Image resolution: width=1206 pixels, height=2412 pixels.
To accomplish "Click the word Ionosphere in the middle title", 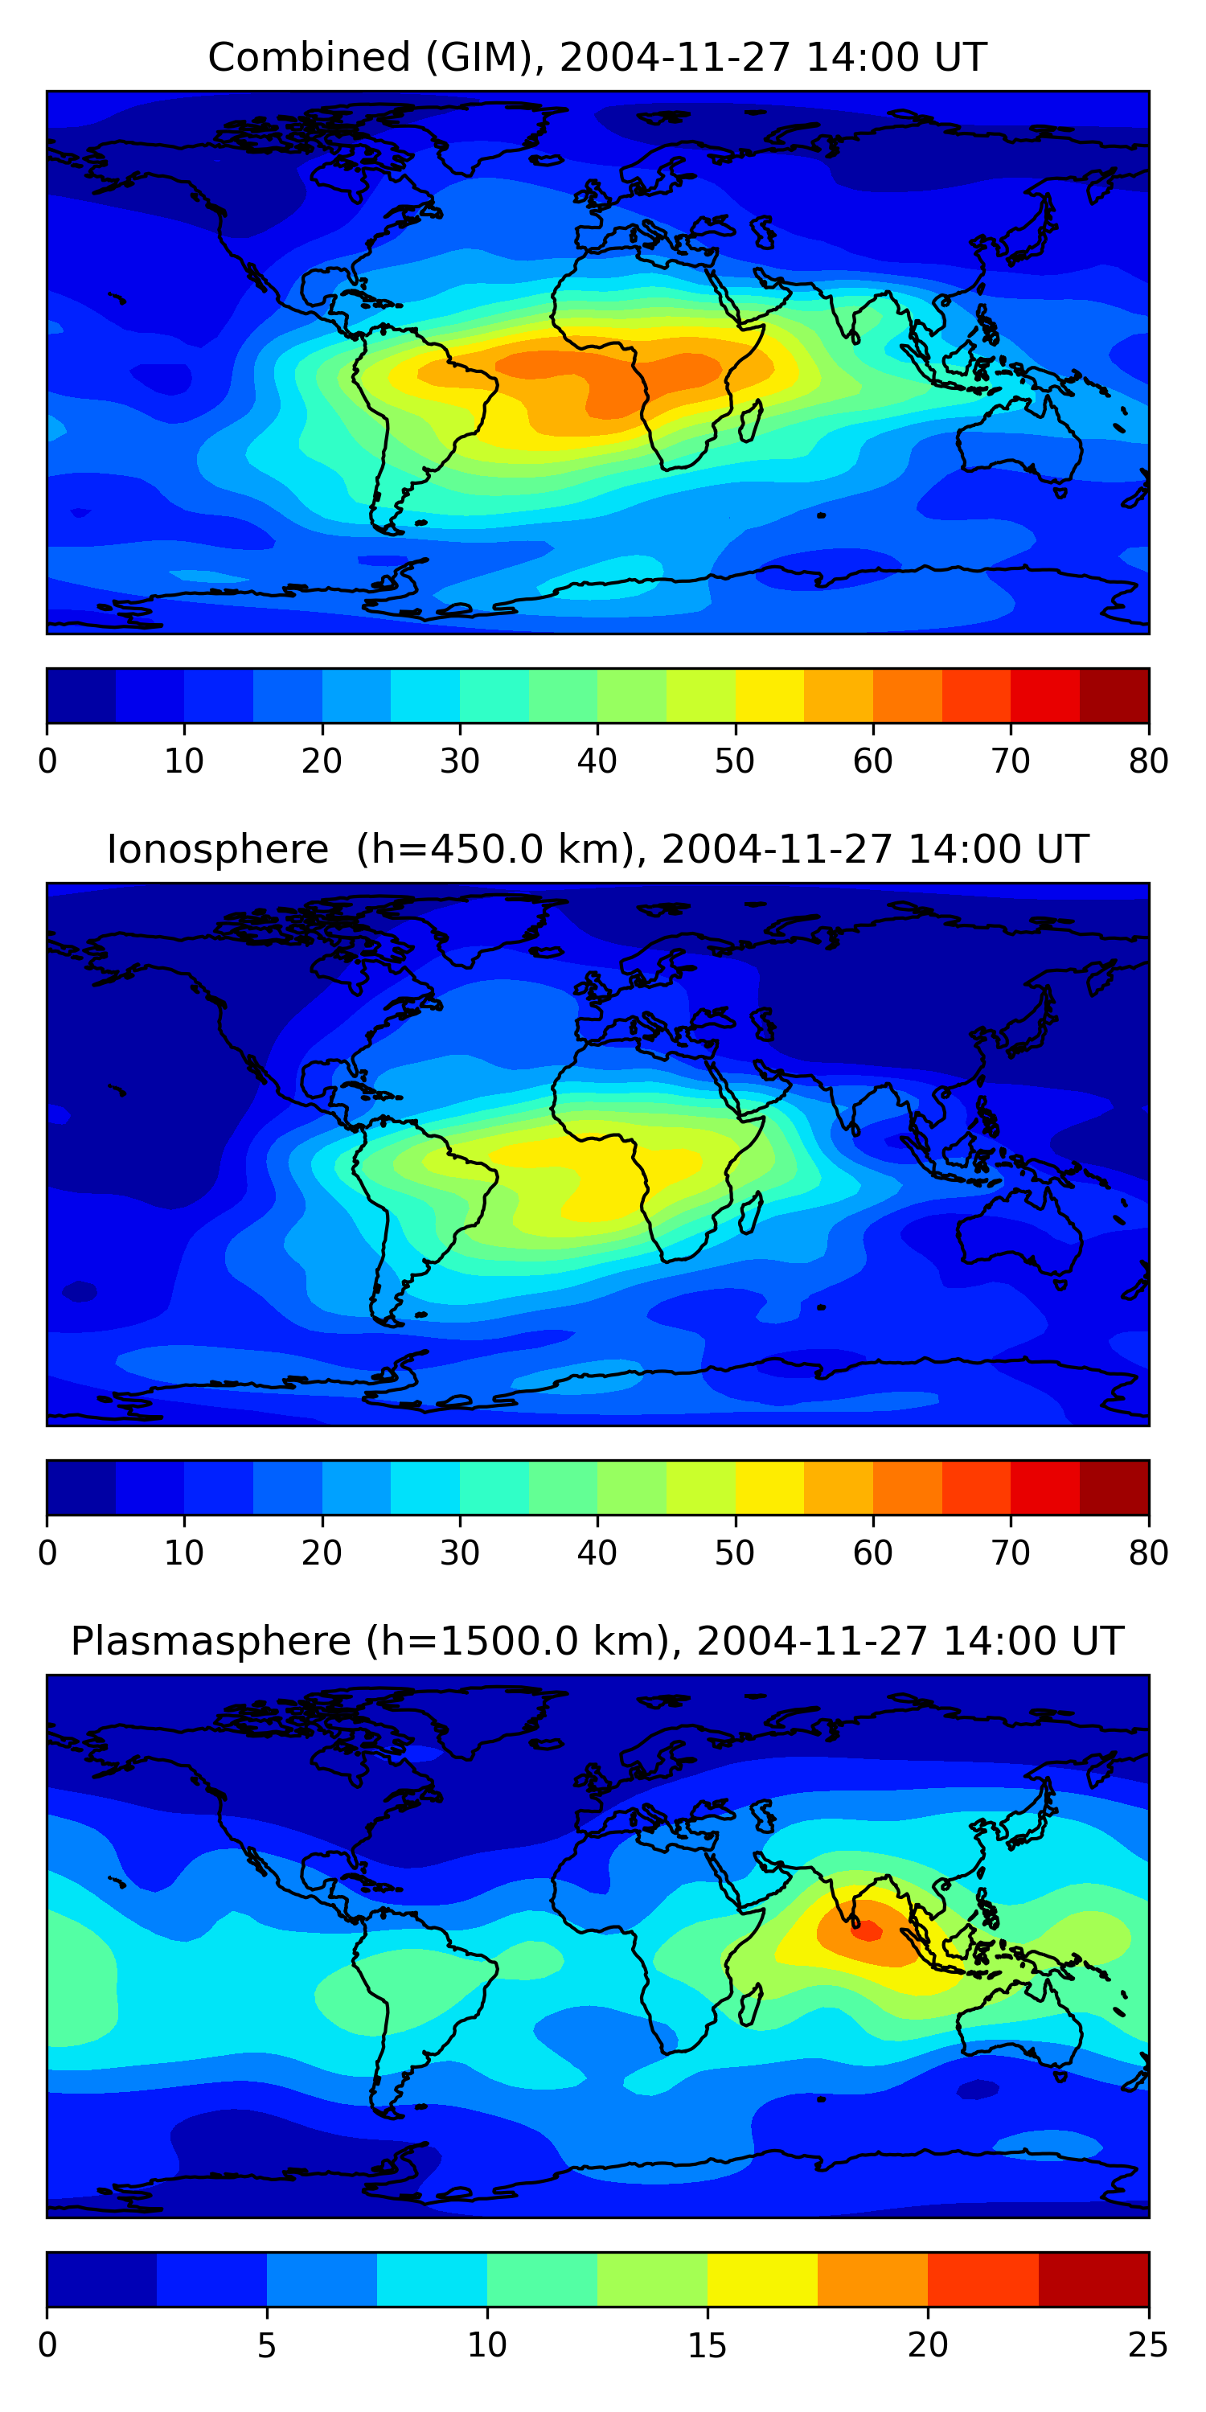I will coord(217,849).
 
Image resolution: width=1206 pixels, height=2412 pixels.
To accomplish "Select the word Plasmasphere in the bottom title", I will coord(210,1642).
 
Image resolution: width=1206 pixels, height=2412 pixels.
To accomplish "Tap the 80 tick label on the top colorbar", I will coord(1148,761).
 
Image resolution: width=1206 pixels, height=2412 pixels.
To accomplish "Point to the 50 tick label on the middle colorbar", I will coord(734,1553).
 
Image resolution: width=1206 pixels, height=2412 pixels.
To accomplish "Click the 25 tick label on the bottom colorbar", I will coord(1148,2344).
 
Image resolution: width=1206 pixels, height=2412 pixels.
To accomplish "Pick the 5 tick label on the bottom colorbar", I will coord(267,2344).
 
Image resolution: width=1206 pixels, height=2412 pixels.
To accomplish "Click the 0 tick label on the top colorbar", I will coord(47,761).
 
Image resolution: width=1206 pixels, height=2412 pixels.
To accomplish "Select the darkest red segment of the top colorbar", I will coord(1114,695).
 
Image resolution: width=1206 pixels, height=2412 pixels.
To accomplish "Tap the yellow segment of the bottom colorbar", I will coord(762,2279).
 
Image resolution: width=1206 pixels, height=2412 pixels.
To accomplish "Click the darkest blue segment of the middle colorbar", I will coord(80,1487).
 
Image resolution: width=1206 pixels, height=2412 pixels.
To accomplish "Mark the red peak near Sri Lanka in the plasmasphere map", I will coord(867,1929).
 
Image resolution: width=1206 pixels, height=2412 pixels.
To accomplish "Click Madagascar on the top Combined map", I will coord(751,420).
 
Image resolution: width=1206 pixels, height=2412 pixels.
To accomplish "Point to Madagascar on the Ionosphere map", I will coord(751,1212).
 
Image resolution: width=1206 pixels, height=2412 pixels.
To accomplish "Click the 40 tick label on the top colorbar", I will coord(597,761).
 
